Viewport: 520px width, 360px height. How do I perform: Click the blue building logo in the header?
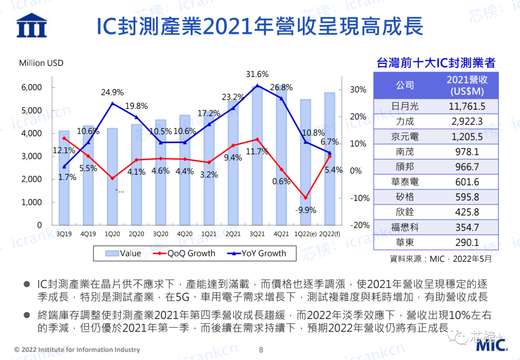32,25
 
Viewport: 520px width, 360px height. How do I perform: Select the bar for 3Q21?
257,155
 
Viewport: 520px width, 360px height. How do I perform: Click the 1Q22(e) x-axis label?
305,234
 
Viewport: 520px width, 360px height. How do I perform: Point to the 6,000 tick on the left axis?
32,88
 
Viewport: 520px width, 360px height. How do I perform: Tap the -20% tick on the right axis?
360,225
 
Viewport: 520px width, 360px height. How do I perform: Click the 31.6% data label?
257,74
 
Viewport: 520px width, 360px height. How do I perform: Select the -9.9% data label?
305,210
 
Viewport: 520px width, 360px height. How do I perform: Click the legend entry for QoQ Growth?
184,254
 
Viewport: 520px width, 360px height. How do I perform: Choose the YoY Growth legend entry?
256,254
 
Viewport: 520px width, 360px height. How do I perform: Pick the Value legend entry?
123,254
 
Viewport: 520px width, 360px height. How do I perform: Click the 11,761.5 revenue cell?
467,106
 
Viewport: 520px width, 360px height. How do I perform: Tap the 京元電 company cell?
404,137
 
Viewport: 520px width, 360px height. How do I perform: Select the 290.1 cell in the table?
467,243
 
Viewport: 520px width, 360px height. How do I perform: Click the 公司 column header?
405,85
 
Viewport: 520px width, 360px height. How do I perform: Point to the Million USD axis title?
41,63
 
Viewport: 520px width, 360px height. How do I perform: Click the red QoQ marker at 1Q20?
112,179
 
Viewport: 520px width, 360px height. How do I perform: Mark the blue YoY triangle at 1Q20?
112,103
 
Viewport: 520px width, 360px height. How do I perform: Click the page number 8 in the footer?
261,350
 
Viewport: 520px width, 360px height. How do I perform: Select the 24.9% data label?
112,92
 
